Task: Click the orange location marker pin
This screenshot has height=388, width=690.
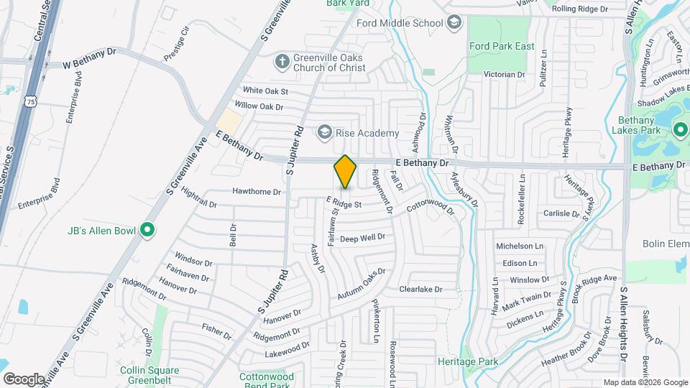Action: point(345,172)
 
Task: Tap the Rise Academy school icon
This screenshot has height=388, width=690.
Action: point(325,133)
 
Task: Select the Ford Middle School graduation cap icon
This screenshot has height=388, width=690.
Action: point(454,23)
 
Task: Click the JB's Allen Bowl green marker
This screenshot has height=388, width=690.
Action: point(147,231)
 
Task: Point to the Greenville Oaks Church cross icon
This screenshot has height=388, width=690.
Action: point(282,62)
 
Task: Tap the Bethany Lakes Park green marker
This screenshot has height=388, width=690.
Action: point(680,130)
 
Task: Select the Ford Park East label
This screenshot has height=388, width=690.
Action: point(502,47)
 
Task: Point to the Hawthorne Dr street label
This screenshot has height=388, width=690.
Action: point(256,192)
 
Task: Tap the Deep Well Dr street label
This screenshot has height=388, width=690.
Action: point(363,238)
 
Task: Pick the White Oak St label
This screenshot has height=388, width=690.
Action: point(264,91)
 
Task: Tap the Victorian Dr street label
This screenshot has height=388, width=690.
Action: point(504,74)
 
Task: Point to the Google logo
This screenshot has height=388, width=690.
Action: point(24,379)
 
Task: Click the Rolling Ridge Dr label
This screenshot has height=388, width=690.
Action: point(580,9)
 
